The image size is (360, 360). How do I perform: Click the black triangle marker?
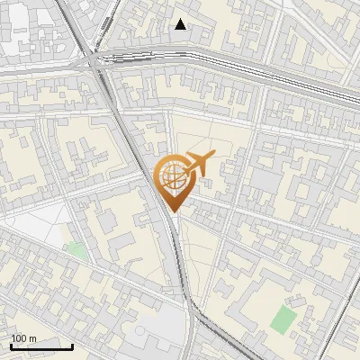tap(181, 24)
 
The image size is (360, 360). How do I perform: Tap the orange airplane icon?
tap(199, 164)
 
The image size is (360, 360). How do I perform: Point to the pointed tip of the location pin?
tap(172, 211)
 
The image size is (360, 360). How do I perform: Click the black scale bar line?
tap(41, 346)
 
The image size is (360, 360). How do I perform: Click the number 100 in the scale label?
tap(19, 338)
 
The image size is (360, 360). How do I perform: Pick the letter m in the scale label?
tap(33, 338)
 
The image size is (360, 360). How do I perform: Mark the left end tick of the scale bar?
tap(11, 346)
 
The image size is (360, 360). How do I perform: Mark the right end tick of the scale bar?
tap(73, 346)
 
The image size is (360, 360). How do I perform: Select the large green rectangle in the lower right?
tap(284, 319)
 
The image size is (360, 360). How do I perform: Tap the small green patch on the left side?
tap(76, 249)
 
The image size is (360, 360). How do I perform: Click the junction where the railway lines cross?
tap(97, 61)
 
